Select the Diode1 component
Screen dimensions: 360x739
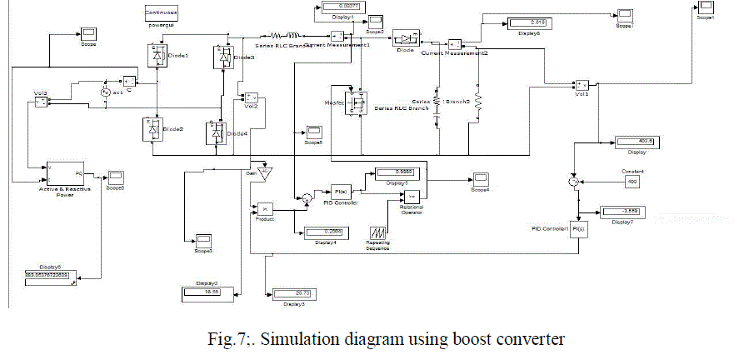click(x=156, y=55)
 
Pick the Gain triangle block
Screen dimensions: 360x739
click(x=265, y=174)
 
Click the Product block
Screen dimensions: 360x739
click(x=262, y=207)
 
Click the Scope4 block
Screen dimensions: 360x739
click(x=481, y=179)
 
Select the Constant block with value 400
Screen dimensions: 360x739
click(x=632, y=181)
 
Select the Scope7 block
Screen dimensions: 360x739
click(x=624, y=15)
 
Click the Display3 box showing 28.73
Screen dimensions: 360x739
click(x=291, y=293)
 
